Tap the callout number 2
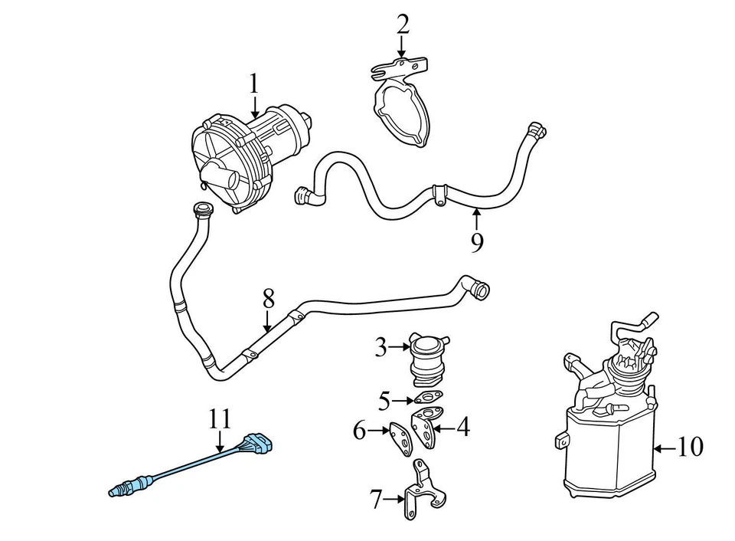point(403,25)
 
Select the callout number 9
point(477,243)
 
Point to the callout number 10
point(690,447)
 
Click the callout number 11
point(220,419)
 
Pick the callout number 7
point(375,500)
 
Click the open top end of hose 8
point(202,208)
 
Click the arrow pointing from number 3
point(402,349)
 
